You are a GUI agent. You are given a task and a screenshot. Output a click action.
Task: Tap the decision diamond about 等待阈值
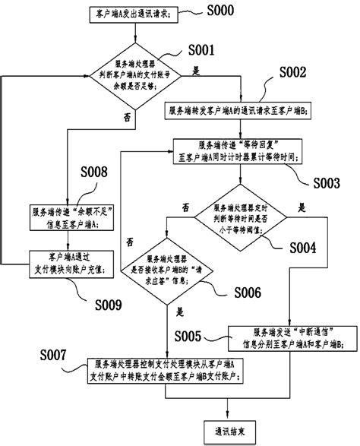(x=240, y=215)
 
